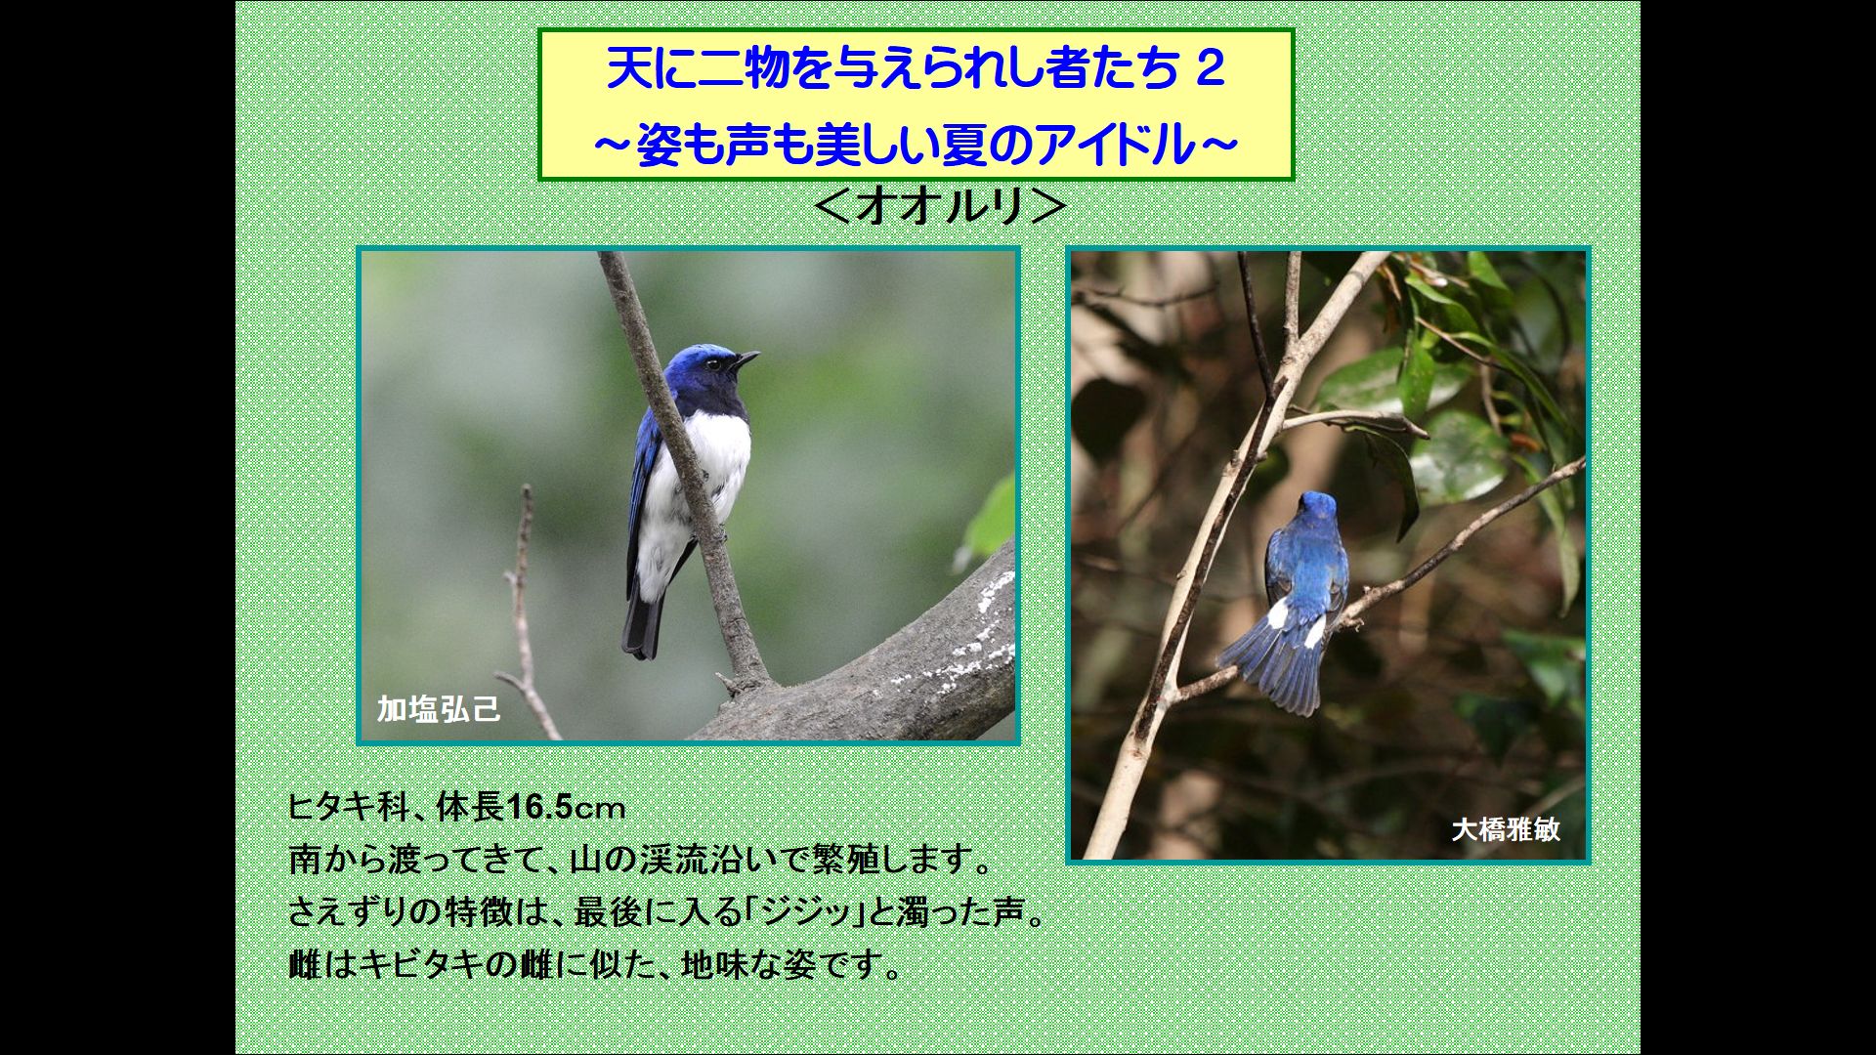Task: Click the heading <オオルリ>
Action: (x=939, y=207)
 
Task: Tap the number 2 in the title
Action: (x=1210, y=70)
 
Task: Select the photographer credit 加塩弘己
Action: (x=439, y=708)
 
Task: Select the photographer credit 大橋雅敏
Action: (x=1506, y=829)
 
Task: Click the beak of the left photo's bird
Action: (x=746, y=359)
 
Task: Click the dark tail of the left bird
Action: (x=645, y=620)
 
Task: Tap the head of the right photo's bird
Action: (x=1317, y=507)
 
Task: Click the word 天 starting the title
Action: (x=626, y=70)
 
